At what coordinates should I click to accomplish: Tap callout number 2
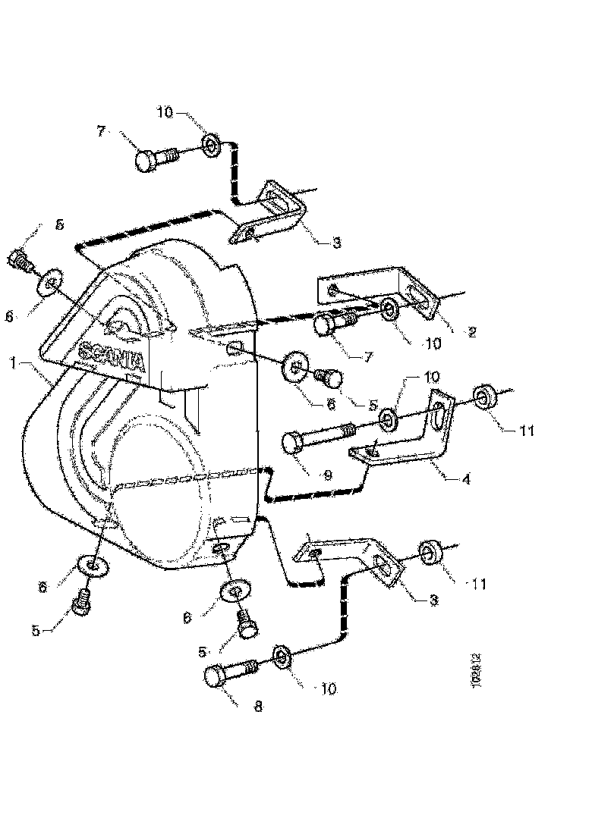click(x=471, y=331)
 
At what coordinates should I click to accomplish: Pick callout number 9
click(x=327, y=475)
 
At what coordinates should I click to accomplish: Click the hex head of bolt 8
click(x=217, y=676)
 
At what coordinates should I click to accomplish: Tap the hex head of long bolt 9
click(x=295, y=443)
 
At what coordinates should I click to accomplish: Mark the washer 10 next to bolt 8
click(x=280, y=655)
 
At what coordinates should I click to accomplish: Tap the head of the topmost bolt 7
click(x=148, y=161)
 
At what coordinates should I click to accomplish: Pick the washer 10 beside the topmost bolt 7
click(x=209, y=143)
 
